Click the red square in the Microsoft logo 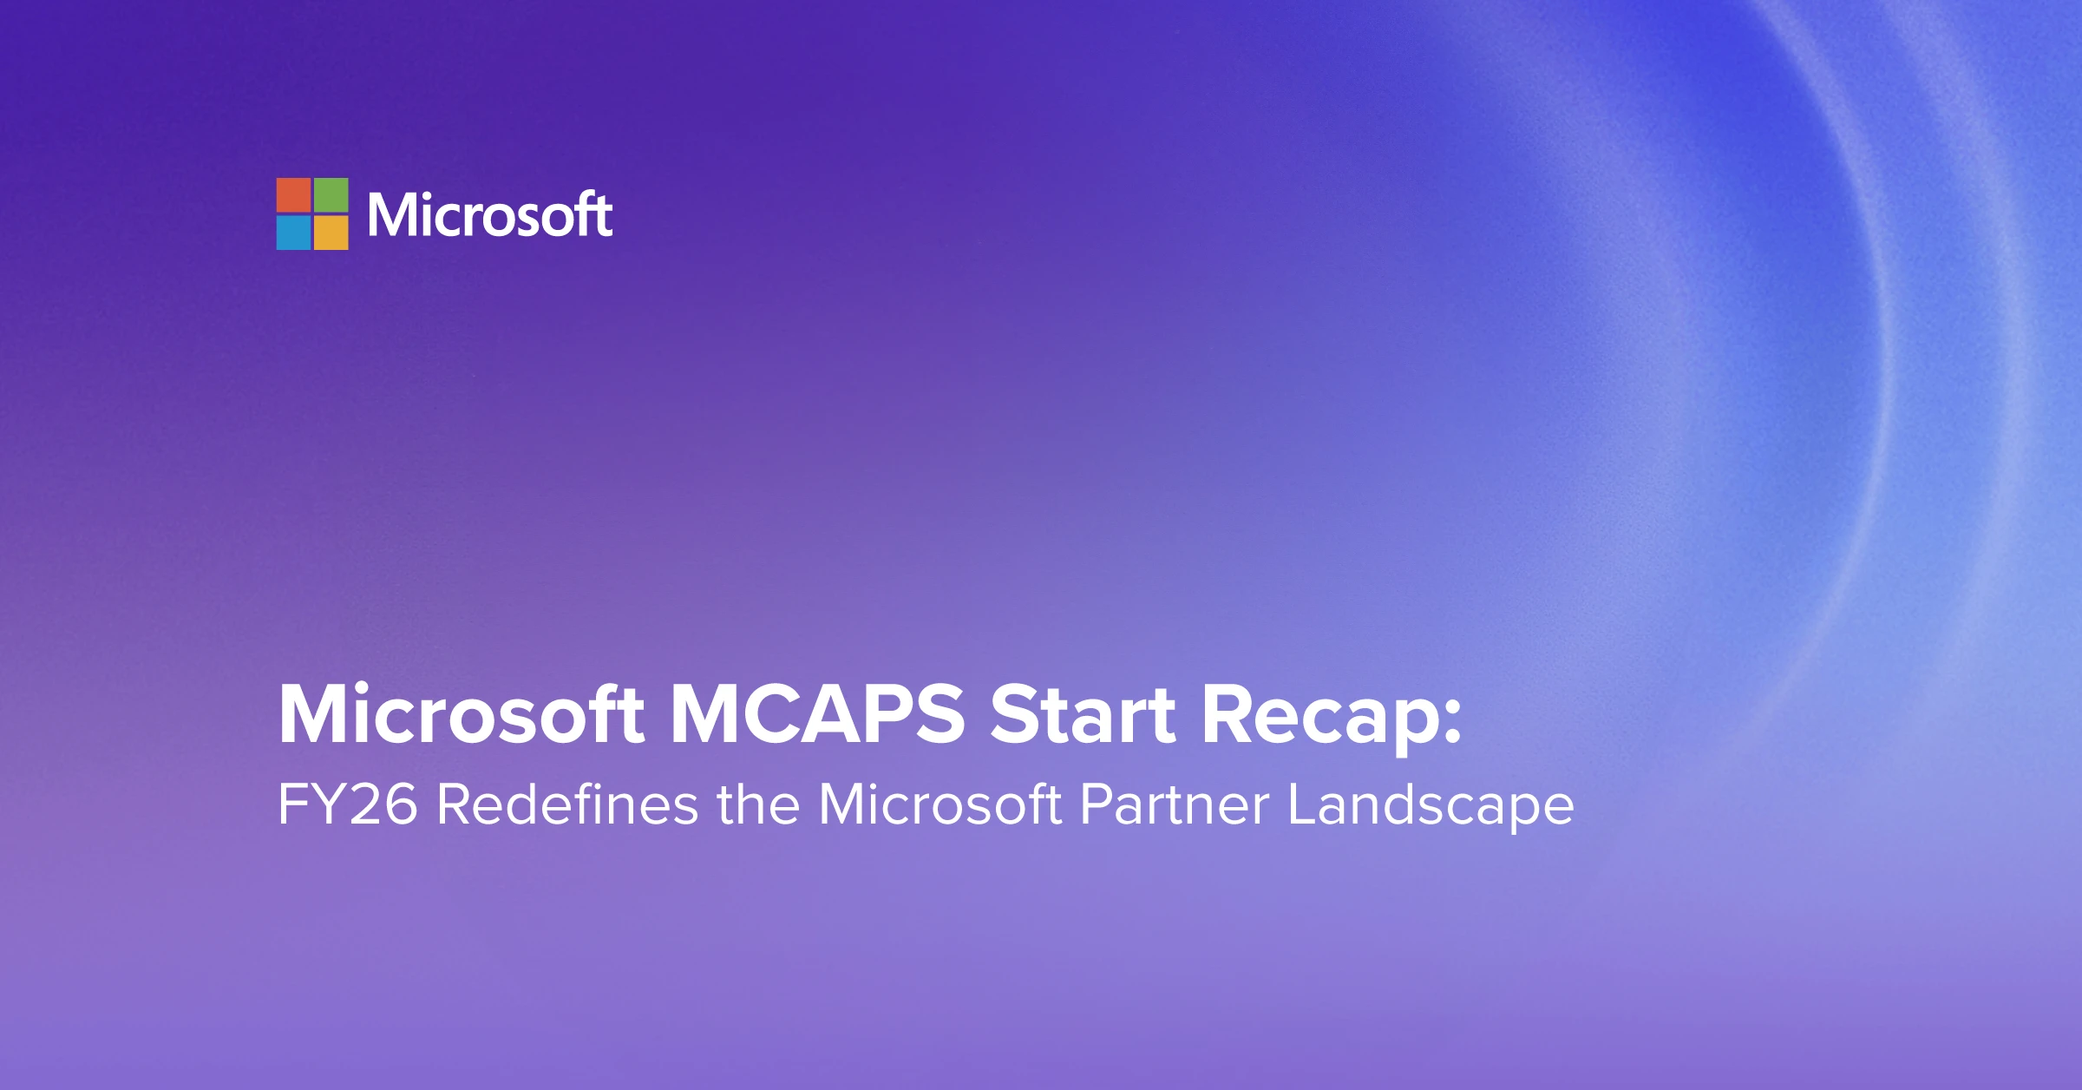[x=293, y=195]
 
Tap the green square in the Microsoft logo [x=331, y=195]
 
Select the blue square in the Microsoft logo [x=293, y=233]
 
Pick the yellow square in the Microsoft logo [x=331, y=233]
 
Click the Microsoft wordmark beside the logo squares [x=489, y=214]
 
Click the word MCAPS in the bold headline [x=817, y=715]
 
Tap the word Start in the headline [x=1083, y=715]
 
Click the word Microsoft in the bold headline [x=461, y=715]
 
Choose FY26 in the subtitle [x=347, y=804]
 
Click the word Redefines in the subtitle [x=566, y=804]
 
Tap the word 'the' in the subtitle [x=757, y=804]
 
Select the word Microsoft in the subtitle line [x=940, y=804]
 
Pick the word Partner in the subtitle [x=1175, y=804]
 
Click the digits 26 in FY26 [x=383, y=804]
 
